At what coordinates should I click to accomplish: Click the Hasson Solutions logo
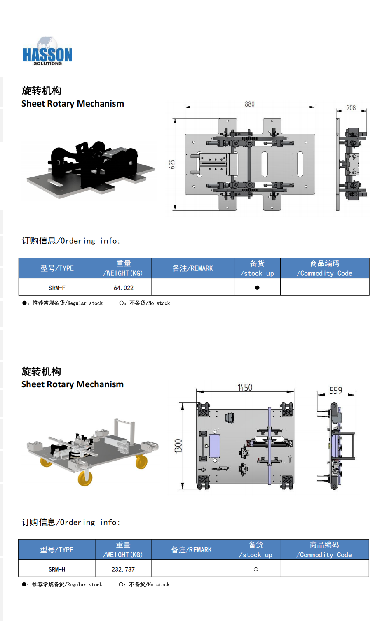47,51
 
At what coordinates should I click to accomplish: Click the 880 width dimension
250,104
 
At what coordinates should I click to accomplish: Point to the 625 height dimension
172,164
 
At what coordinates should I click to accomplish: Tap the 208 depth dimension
351,108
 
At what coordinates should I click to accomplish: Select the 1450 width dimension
245,387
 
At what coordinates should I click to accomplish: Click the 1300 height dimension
178,446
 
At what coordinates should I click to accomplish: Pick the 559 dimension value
336,391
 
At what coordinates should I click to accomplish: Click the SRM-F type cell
57,288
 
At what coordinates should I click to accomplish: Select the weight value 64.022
124,288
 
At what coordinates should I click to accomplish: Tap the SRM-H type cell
57,569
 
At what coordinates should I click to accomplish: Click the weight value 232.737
123,569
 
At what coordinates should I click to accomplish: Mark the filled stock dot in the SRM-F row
257,288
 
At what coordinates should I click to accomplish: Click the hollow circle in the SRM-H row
256,569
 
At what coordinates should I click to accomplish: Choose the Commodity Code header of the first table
325,268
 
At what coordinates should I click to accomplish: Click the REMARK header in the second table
192,549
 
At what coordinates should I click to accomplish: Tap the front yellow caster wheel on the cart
85,478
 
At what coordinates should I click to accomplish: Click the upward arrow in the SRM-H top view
290,458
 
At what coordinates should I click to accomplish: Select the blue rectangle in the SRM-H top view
214,446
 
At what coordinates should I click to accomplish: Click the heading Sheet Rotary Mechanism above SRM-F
73,104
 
